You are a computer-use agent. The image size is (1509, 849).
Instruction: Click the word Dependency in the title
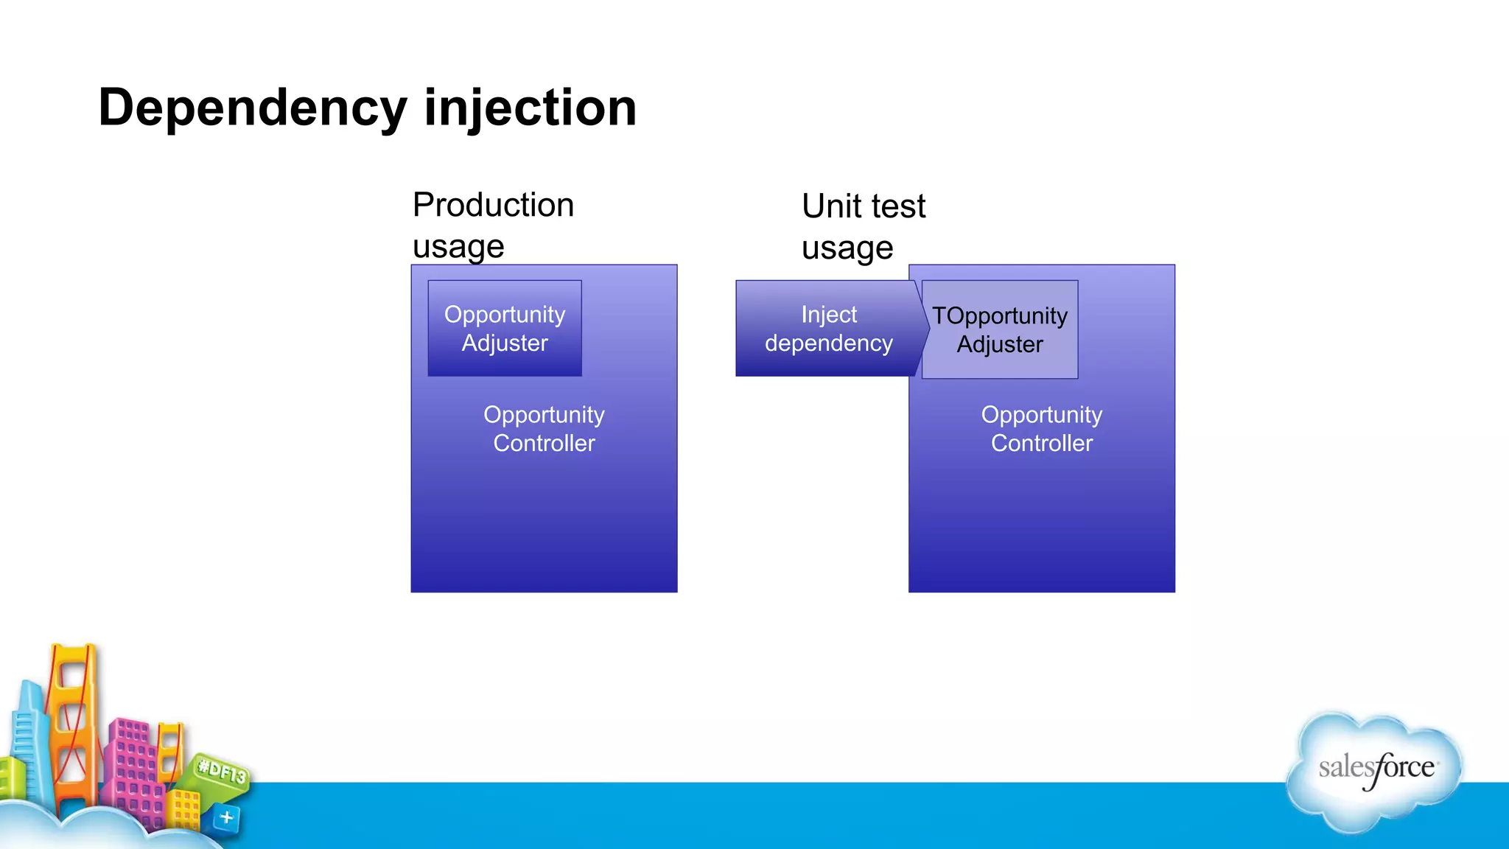[252, 108]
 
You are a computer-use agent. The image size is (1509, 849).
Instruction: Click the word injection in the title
[530, 108]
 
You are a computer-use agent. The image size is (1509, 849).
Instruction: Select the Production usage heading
[492, 225]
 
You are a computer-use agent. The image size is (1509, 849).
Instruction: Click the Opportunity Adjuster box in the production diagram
[505, 328]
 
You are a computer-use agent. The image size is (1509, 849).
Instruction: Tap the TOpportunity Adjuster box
[999, 329]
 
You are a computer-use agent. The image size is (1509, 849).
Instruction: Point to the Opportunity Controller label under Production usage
[544, 428]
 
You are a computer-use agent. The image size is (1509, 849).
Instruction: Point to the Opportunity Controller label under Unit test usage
[1041, 428]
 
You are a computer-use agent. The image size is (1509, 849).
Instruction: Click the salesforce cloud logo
[1375, 770]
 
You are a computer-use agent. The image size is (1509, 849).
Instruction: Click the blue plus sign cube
[227, 817]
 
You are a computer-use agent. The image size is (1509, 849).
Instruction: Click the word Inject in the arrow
[829, 315]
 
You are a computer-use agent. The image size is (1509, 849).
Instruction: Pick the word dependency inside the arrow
[829, 343]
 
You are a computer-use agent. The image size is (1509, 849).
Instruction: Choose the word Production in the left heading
[493, 205]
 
